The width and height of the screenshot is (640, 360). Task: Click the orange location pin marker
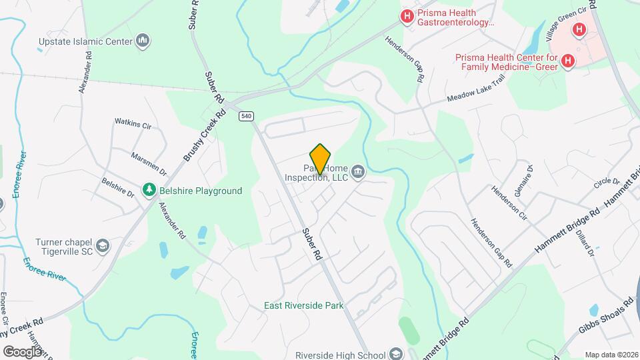(x=321, y=159)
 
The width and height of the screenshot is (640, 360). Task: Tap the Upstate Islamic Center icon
(x=142, y=41)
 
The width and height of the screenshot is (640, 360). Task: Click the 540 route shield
(x=247, y=116)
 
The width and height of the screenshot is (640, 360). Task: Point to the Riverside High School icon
(x=397, y=353)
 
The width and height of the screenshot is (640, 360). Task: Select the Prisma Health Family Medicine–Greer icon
(x=567, y=61)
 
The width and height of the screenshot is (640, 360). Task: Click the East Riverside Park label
(x=303, y=305)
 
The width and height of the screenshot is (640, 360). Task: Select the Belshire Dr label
(x=118, y=187)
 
